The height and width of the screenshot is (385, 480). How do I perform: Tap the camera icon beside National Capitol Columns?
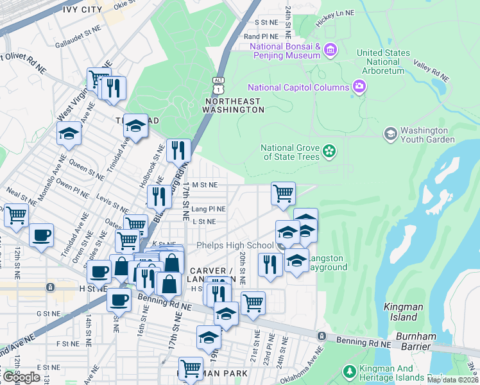[x=359, y=87]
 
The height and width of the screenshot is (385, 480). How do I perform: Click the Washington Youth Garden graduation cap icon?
[x=390, y=134]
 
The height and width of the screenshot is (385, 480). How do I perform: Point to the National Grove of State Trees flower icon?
[x=329, y=151]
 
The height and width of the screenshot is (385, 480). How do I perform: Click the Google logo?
[x=21, y=377]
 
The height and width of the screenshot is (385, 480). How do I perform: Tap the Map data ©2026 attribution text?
[x=452, y=380]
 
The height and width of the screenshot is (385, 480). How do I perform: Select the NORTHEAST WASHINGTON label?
[x=234, y=105]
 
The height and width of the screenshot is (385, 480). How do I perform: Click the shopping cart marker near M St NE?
[x=283, y=194]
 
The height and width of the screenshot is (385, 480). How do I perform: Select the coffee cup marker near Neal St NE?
[x=42, y=235]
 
